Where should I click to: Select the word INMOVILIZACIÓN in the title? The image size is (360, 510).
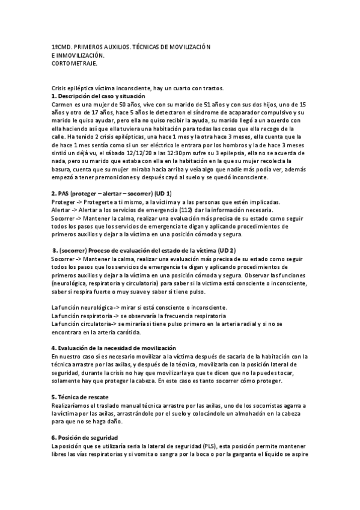click(80, 55)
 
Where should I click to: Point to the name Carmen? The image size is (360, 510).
click(63, 104)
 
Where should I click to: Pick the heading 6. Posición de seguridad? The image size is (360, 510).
click(85, 437)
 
